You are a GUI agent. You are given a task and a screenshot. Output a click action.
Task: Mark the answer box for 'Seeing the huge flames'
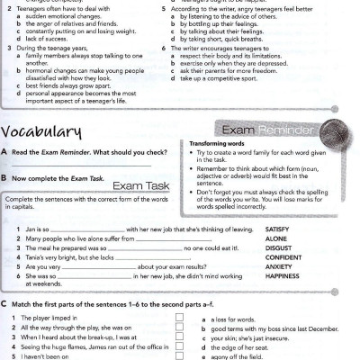180,346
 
